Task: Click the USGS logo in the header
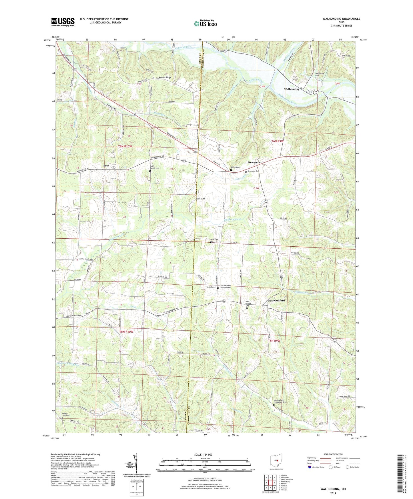coord(63,22)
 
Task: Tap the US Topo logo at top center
coord(205,23)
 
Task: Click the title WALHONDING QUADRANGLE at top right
coord(341,19)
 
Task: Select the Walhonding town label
coord(292,89)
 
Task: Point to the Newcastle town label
coord(254,162)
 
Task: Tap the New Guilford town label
coord(276,301)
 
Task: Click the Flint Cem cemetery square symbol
coord(211,242)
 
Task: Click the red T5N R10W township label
coord(126,332)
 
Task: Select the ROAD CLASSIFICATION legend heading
coord(333,454)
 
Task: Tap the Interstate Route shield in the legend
coord(310,467)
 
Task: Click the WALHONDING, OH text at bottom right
coord(333,489)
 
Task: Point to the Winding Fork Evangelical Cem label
coord(280,401)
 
